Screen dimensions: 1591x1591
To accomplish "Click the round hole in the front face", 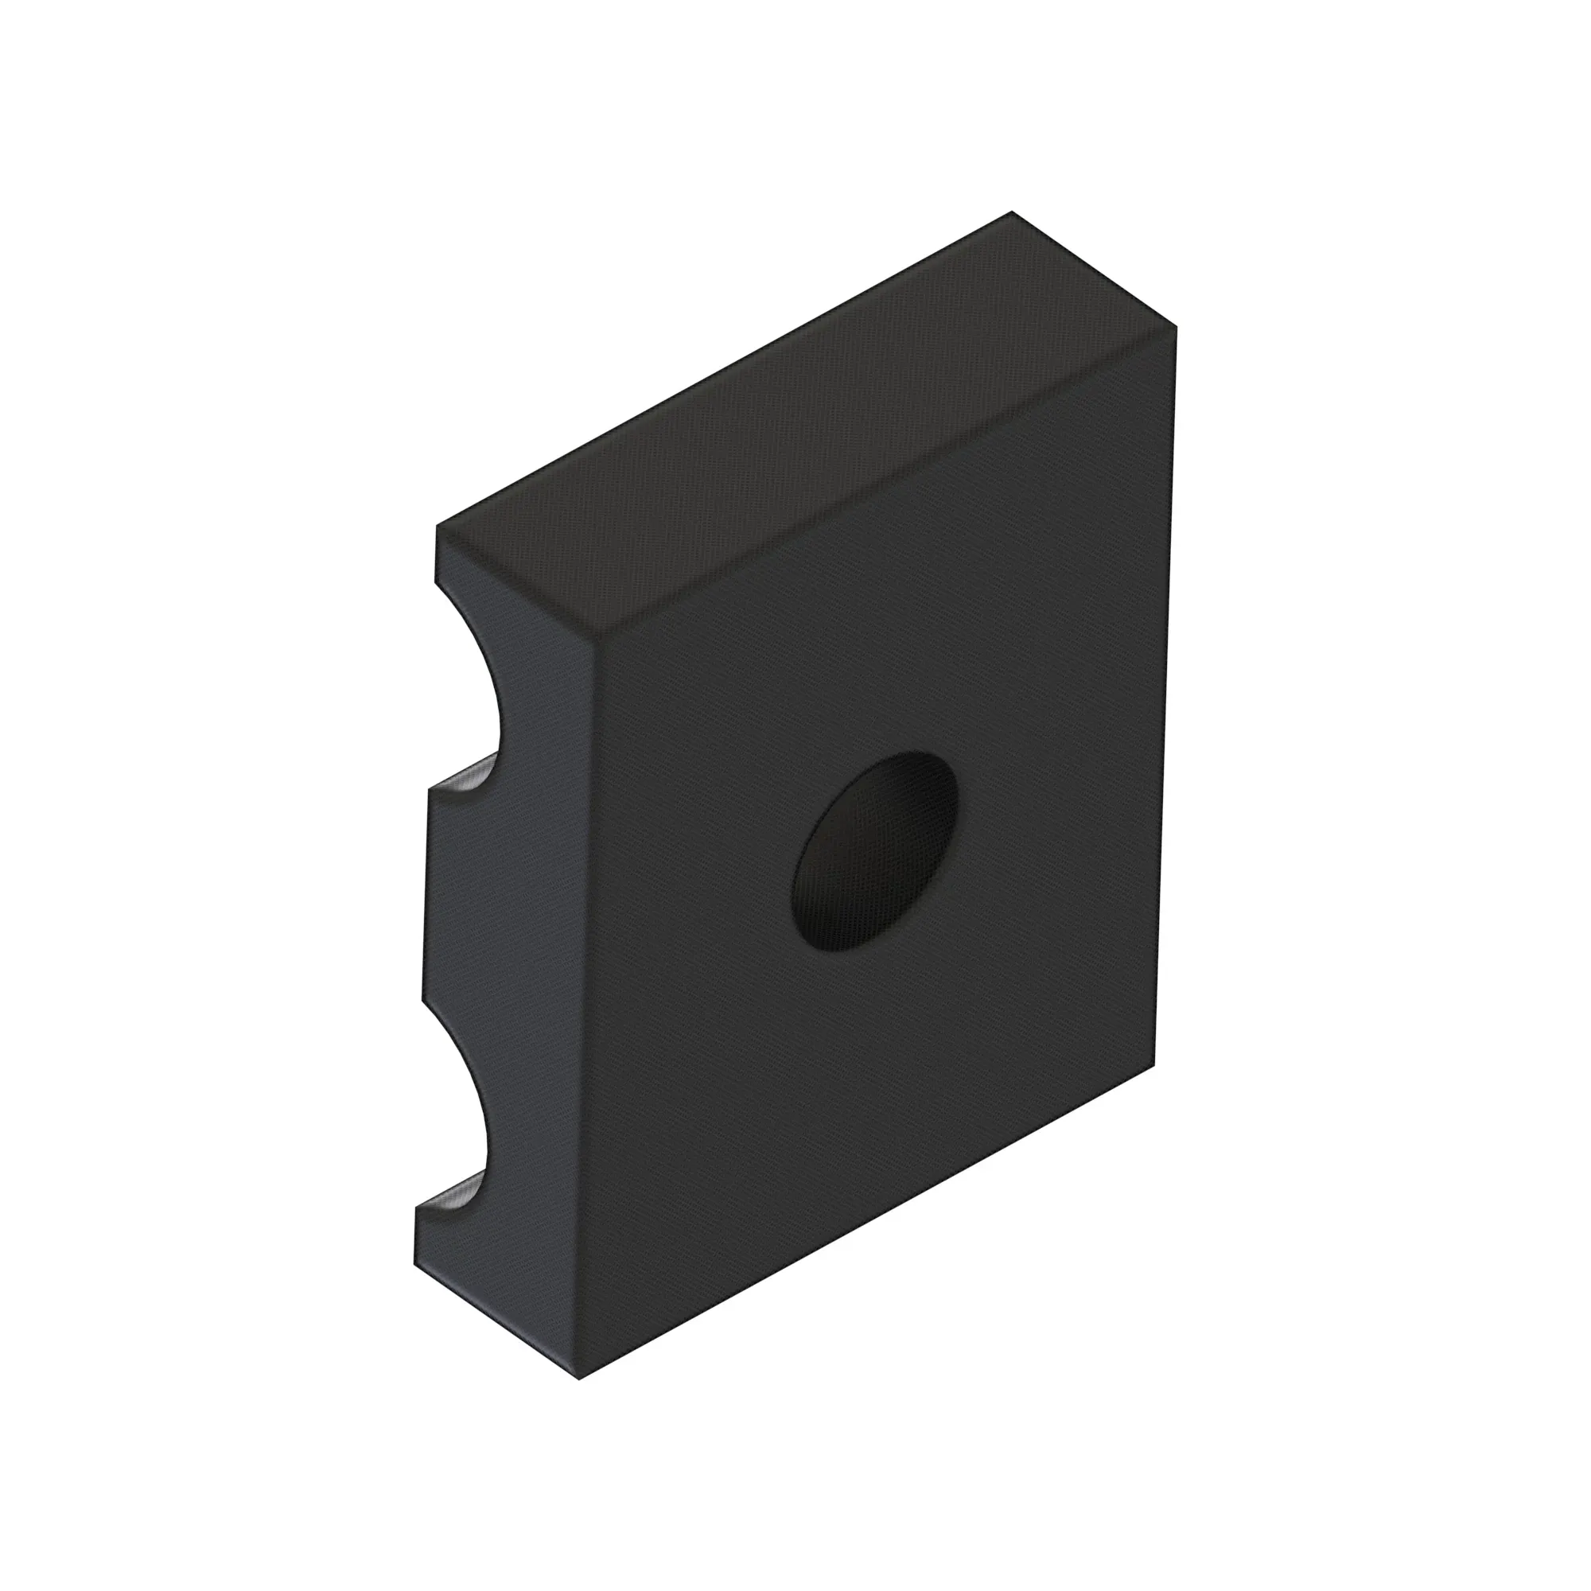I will click(x=874, y=851).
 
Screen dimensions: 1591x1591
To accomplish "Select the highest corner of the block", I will click(x=1011, y=212).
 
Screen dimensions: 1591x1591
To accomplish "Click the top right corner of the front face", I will click(x=1176, y=328).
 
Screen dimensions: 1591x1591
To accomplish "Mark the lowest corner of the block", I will click(x=580, y=1379).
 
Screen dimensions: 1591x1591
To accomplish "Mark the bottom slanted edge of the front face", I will click(x=865, y=1222).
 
